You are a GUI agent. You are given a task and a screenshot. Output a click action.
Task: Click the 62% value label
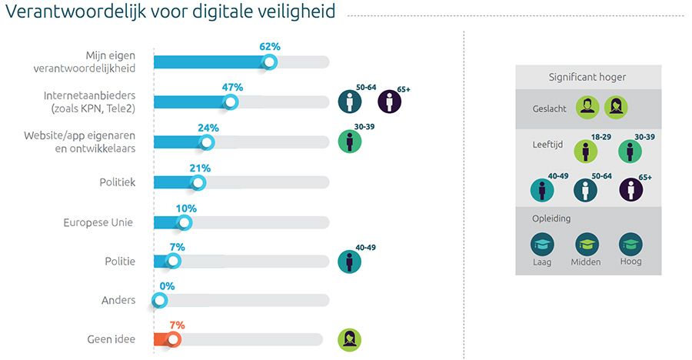pyautogui.click(x=270, y=47)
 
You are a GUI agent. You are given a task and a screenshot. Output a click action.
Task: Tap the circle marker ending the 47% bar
pyautogui.click(x=231, y=102)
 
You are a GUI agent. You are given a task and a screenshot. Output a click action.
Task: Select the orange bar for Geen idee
pyautogui.click(x=163, y=339)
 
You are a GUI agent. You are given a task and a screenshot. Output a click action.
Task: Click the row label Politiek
pyautogui.click(x=118, y=183)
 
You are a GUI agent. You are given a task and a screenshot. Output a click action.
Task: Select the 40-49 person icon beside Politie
pyautogui.click(x=350, y=262)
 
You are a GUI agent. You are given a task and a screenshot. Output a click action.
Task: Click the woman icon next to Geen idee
pyautogui.click(x=350, y=339)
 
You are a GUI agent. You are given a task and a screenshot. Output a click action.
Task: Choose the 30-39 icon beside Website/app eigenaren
pyautogui.click(x=350, y=142)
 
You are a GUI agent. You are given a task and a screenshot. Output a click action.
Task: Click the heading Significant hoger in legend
pyautogui.click(x=587, y=77)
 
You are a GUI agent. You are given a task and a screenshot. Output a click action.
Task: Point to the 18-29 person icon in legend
pyautogui.click(x=586, y=151)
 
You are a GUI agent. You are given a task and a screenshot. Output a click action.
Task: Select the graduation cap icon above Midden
pyautogui.click(x=587, y=245)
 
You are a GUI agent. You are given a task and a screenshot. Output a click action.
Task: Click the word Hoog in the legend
pyautogui.click(x=630, y=262)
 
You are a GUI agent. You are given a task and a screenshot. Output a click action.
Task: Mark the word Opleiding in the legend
pyautogui.click(x=551, y=218)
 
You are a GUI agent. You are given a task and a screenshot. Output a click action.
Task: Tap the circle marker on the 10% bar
pyautogui.click(x=184, y=223)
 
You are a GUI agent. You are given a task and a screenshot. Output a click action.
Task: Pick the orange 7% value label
pyautogui.click(x=175, y=325)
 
